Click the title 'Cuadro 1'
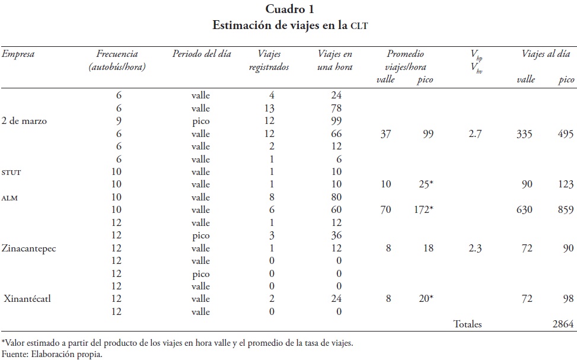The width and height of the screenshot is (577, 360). tap(289, 9)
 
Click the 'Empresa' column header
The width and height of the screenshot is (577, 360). tap(18, 54)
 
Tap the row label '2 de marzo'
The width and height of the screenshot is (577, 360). tap(24, 121)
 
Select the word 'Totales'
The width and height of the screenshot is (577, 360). tap(468, 324)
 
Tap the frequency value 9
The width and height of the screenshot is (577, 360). tap(119, 121)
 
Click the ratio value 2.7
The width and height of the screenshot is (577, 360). tap(474, 134)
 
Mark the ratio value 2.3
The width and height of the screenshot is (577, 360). tap(474, 248)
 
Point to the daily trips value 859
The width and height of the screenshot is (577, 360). tap(566, 210)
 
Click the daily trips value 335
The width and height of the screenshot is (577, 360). tap(524, 134)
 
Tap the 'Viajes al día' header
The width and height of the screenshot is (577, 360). tap(546, 54)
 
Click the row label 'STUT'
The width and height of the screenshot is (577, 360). tap(12, 173)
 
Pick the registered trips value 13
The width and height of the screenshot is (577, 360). tap(269, 109)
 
